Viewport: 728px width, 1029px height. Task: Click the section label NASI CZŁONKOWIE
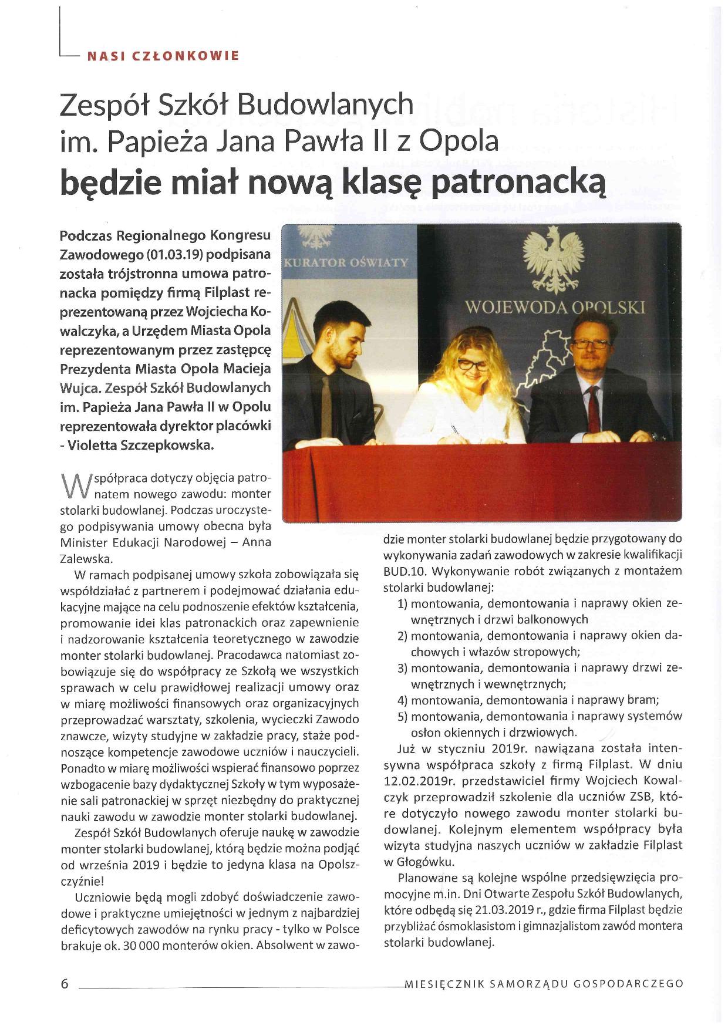click(163, 56)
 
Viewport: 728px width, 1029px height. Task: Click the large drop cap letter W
click(73, 485)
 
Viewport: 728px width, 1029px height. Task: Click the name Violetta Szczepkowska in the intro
click(141, 445)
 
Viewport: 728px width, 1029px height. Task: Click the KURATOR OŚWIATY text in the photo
click(346, 262)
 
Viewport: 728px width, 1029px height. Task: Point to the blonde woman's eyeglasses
click(472, 364)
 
